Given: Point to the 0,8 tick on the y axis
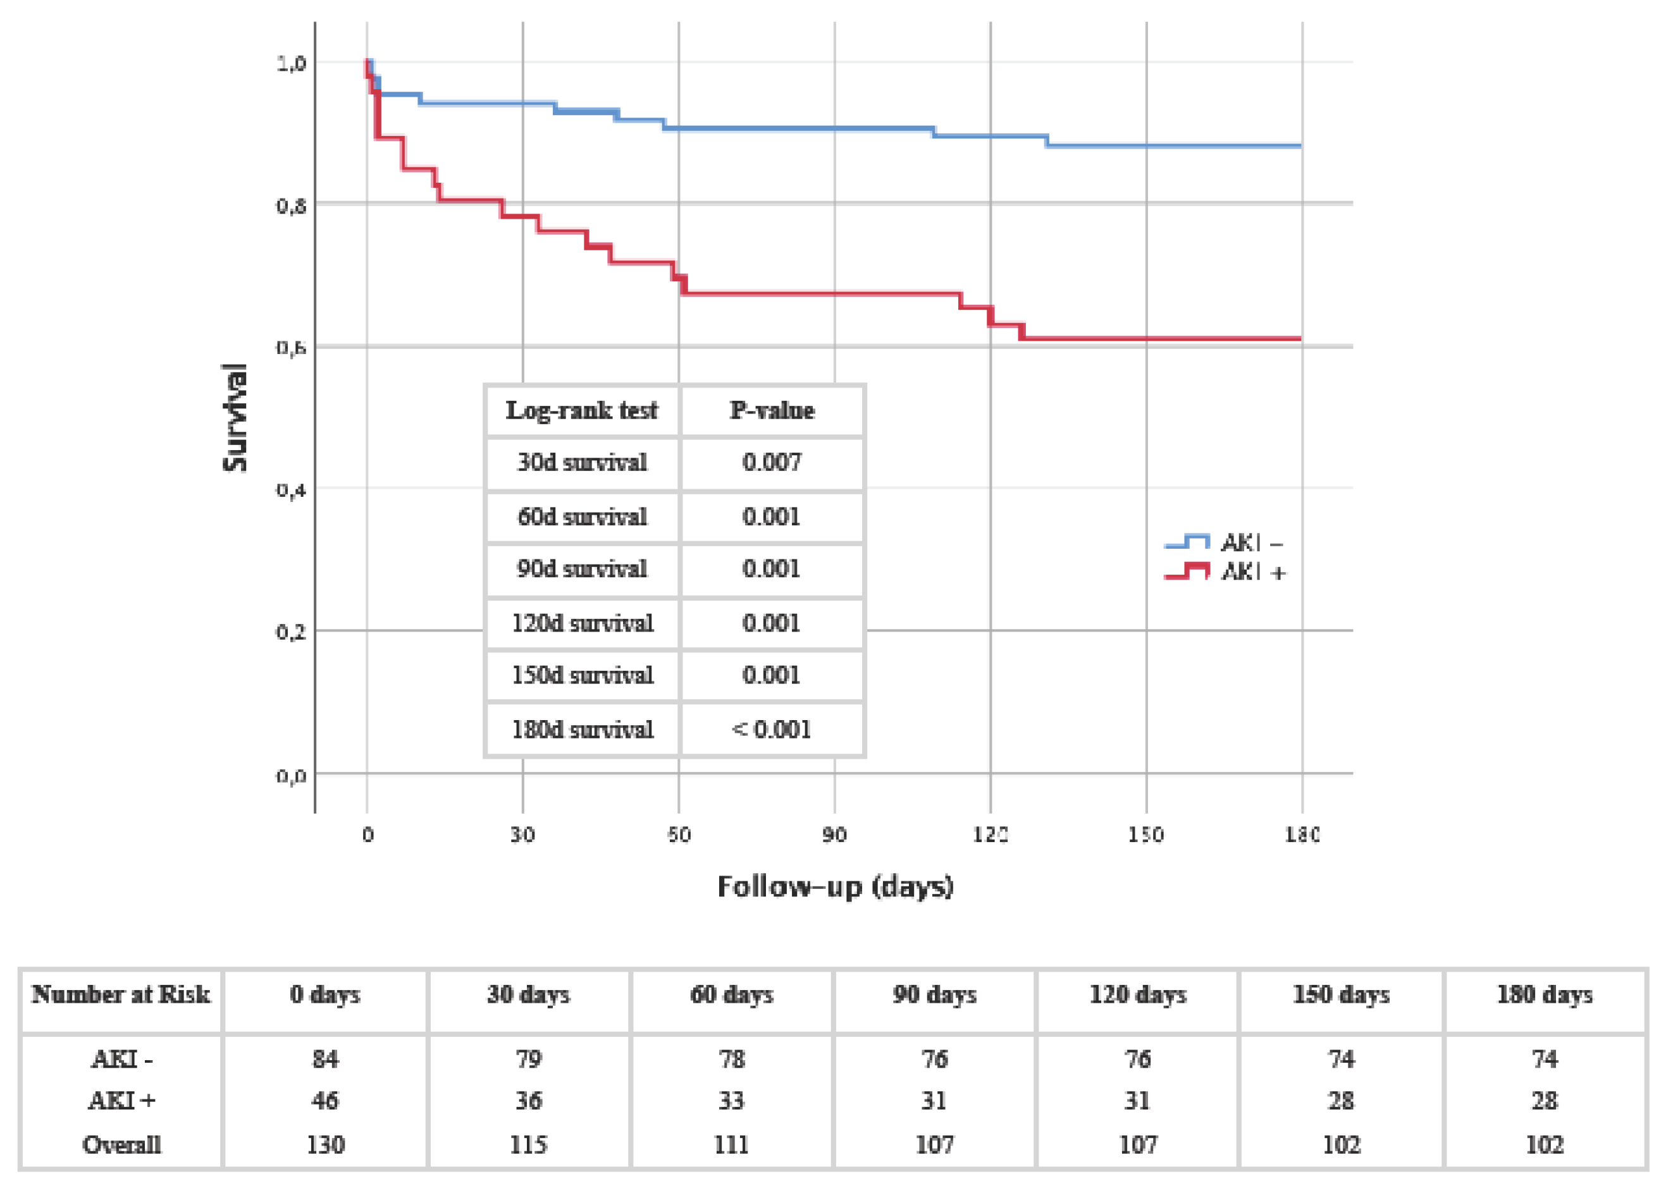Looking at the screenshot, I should [x=291, y=206].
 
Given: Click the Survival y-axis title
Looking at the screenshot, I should [x=235, y=418].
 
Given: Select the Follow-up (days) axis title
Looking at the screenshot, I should [x=835, y=886].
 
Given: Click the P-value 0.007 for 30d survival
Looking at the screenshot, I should [x=772, y=462].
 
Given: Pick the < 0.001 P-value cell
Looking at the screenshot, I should [x=772, y=730].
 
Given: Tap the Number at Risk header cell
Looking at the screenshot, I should [x=121, y=994].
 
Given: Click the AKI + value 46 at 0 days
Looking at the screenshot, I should [x=325, y=1101].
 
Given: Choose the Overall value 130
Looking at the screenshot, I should [x=325, y=1144].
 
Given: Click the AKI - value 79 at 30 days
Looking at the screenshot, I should [x=528, y=1059].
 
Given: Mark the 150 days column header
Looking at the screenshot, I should [x=1340, y=994].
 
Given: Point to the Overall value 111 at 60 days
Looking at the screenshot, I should [x=731, y=1144].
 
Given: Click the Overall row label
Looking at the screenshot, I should [x=121, y=1144].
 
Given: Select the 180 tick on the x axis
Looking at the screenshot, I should [x=1302, y=834].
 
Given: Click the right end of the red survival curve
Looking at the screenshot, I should [x=1300, y=338].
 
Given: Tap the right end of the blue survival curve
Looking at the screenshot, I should [x=1300, y=146].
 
